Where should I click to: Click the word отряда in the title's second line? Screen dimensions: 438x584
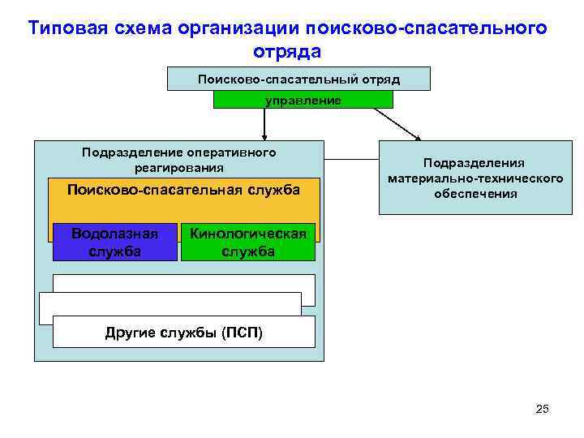[x=287, y=51]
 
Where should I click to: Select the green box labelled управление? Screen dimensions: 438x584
[x=303, y=100]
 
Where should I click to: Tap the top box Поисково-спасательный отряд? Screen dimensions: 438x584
[x=298, y=79]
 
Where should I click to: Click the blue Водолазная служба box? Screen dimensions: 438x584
[x=114, y=242]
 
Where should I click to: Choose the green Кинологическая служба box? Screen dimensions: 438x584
[x=247, y=243]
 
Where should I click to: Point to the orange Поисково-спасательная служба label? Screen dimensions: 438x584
[x=183, y=190]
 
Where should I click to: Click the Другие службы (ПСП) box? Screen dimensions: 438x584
[x=184, y=333]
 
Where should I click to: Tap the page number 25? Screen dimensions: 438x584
[x=543, y=409]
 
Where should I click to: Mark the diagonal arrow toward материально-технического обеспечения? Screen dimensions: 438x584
[x=397, y=124]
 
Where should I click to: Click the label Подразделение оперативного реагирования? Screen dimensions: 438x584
[x=178, y=160]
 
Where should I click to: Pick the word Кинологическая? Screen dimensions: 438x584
[x=247, y=234]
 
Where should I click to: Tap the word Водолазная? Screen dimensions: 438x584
[x=114, y=234]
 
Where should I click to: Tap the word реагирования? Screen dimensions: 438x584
[x=178, y=168]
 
